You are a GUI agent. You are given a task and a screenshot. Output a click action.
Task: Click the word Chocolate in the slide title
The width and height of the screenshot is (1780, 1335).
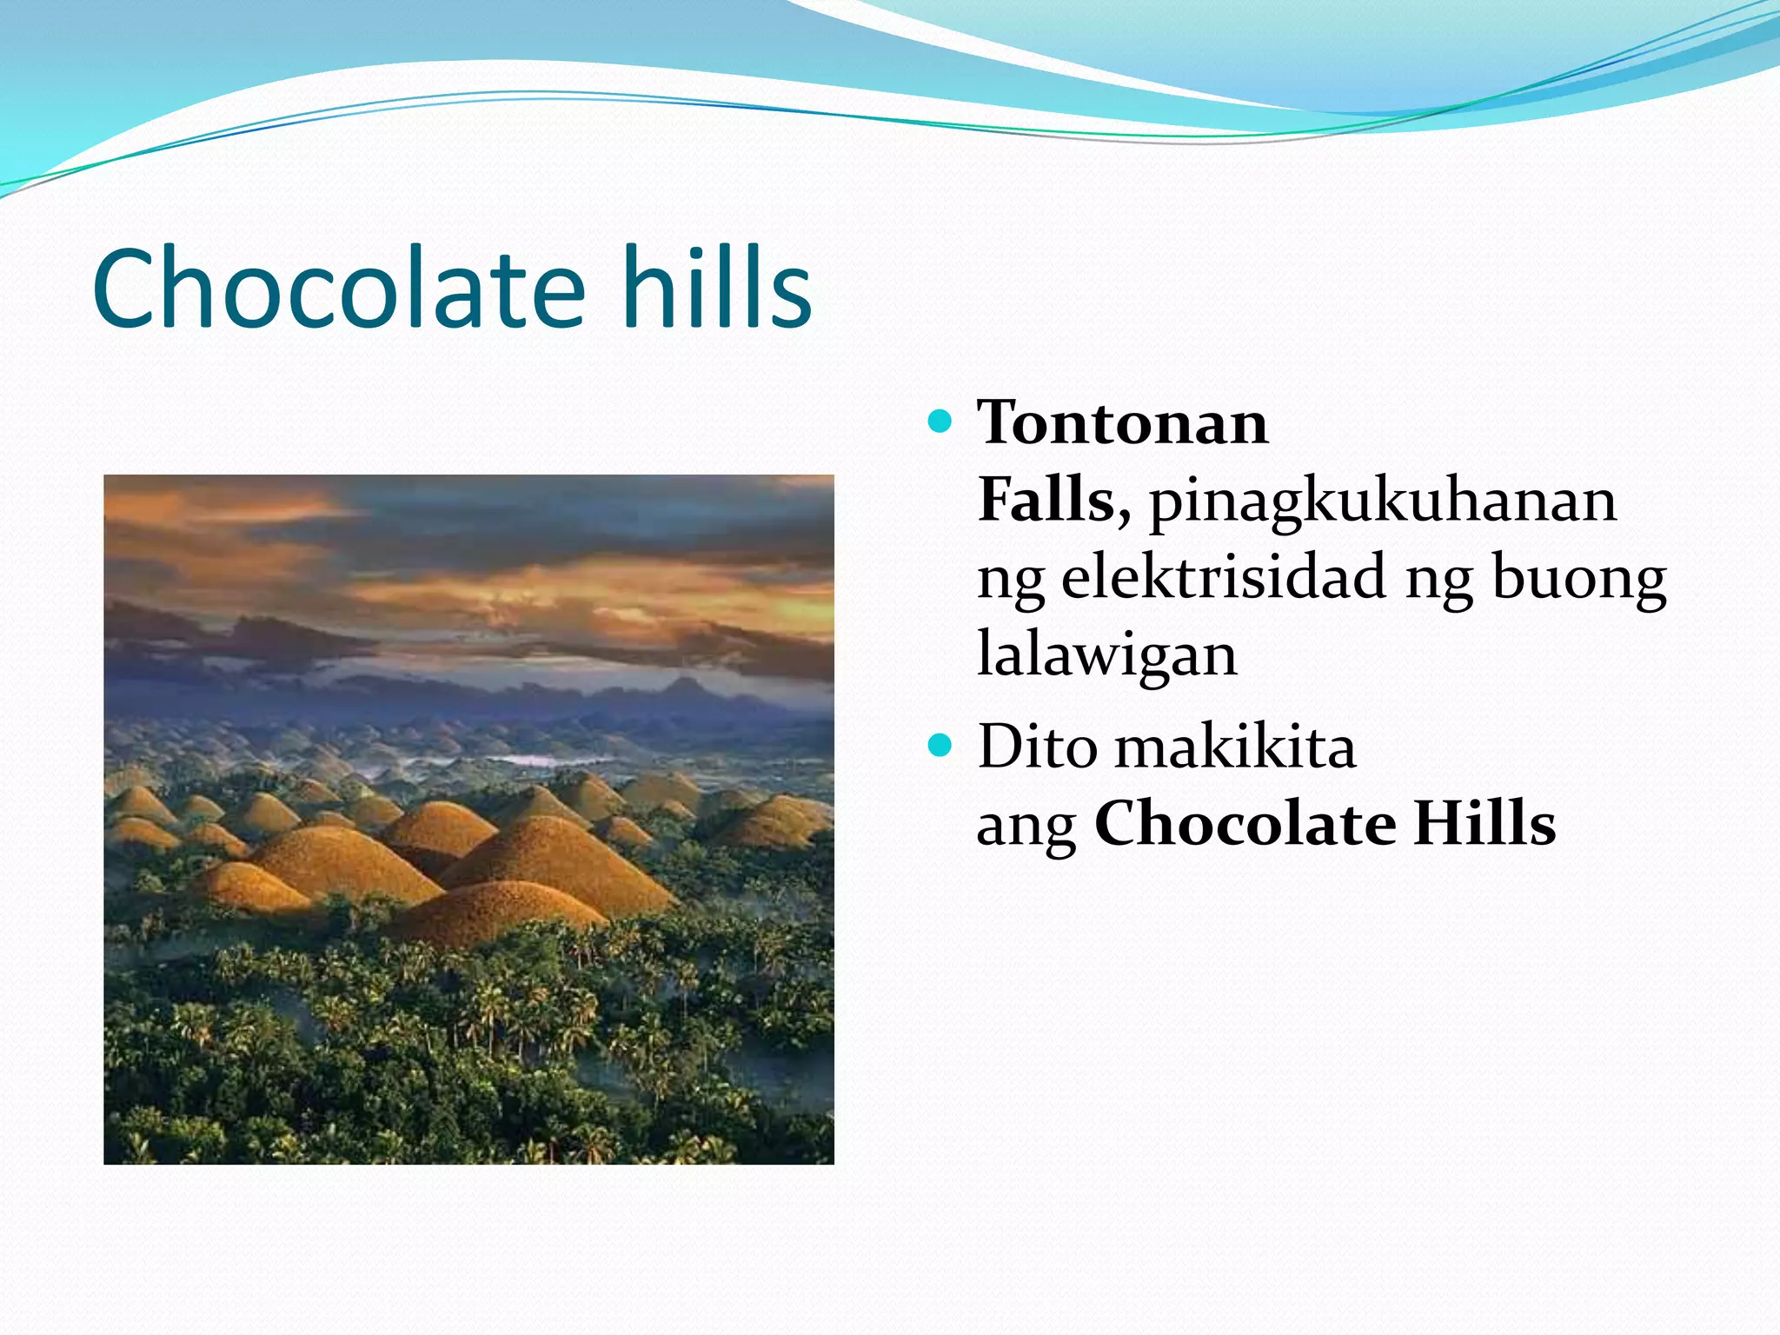coord(339,289)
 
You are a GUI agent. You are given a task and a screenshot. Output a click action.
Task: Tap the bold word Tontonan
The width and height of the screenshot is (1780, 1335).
coord(1122,423)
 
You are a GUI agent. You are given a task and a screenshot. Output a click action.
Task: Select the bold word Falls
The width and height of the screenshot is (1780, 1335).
coord(1046,501)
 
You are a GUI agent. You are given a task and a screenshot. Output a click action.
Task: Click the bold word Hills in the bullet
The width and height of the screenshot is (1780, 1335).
coord(1484,824)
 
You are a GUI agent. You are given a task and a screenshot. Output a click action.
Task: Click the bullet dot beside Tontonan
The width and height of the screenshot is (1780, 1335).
coord(940,422)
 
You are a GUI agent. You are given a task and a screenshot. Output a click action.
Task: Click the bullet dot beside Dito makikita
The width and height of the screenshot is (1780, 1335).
coord(940,746)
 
